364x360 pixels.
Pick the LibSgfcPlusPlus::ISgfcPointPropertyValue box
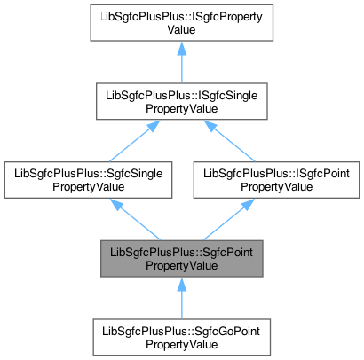(x=273, y=176)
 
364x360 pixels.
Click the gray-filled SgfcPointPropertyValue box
(x=181, y=257)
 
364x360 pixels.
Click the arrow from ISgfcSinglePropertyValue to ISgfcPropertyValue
(x=181, y=64)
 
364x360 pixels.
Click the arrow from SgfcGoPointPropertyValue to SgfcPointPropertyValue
(x=181, y=297)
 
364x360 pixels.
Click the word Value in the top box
(x=181, y=33)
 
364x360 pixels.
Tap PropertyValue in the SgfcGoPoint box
(x=181, y=343)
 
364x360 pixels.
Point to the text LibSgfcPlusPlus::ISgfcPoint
(x=273, y=169)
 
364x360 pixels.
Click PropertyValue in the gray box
(x=181, y=264)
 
